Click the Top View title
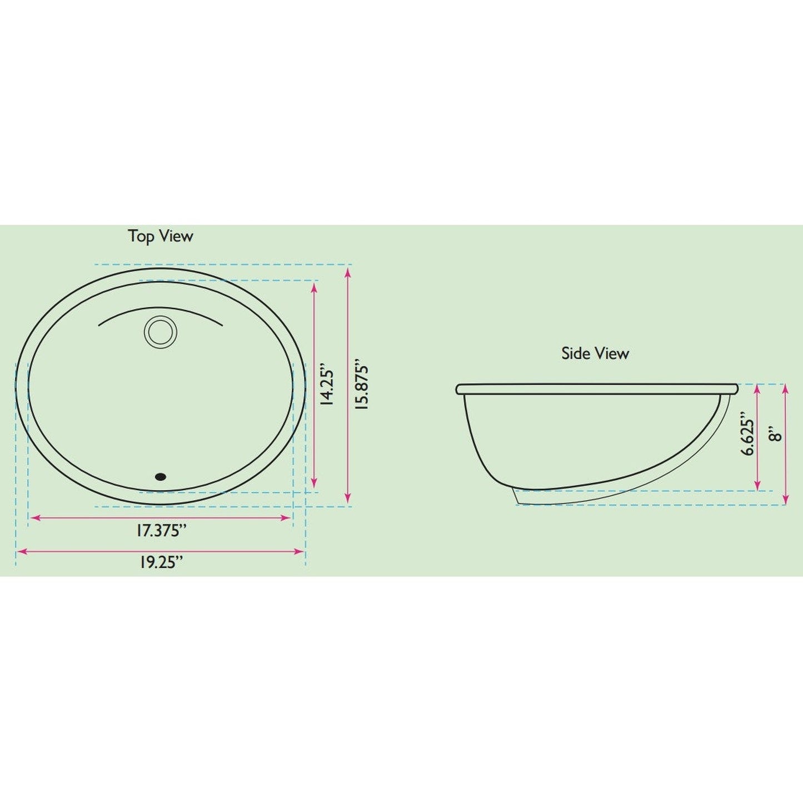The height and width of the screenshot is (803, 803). point(161,236)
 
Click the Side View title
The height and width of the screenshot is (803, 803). point(595,353)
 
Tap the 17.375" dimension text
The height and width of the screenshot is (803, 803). point(161,531)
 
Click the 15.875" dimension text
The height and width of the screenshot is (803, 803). point(362,387)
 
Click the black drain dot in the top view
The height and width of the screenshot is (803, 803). point(161,476)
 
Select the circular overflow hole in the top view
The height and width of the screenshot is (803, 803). point(161,332)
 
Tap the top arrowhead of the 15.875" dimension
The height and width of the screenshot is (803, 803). point(348,272)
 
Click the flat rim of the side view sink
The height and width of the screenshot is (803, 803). point(597,389)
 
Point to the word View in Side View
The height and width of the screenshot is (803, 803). point(612,353)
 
